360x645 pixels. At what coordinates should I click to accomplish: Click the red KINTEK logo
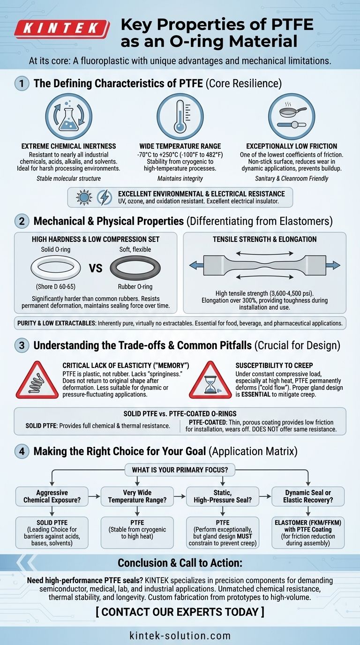click(62, 29)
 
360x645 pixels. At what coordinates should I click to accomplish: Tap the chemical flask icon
click(69, 116)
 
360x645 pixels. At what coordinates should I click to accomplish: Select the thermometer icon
click(180, 116)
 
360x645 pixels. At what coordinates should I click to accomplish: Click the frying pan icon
click(292, 116)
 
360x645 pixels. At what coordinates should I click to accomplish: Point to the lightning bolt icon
click(104, 197)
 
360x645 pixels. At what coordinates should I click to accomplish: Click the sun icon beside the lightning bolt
click(84, 197)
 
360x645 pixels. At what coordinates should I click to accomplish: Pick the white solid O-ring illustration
click(56, 268)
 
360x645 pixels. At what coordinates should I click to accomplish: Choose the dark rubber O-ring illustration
click(135, 268)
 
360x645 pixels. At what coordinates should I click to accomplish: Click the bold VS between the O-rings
click(95, 269)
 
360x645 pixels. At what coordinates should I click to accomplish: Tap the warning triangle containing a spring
click(37, 380)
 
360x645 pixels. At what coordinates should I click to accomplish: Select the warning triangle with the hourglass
click(210, 380)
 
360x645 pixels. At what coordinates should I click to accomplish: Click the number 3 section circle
click(22, 345)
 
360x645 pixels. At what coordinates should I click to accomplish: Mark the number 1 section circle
click(22, 83)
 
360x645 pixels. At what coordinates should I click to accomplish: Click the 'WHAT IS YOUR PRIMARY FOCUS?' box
click(180, 470)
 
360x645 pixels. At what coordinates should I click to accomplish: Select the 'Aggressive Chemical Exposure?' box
click(52, 496)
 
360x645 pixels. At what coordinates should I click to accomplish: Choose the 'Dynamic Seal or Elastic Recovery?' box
click(308, 496)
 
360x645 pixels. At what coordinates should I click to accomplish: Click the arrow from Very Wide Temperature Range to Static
click(180, 496)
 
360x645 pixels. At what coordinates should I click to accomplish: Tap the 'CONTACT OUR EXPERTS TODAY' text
click(180, 612)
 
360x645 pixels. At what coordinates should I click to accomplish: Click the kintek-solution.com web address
click(180, 636)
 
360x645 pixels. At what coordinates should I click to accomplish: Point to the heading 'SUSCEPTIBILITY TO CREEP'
click(274, 366)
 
